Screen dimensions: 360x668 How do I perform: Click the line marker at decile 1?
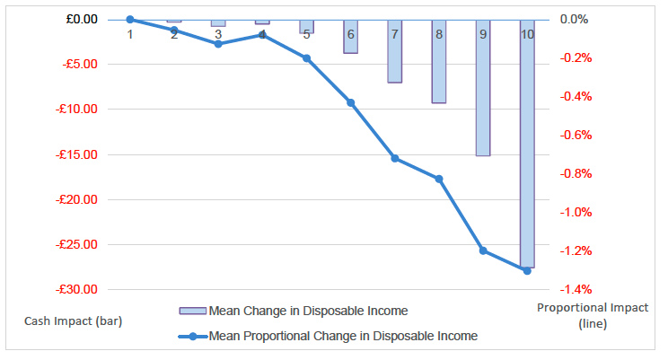point(130,19)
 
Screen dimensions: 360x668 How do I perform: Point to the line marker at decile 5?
point(306,58)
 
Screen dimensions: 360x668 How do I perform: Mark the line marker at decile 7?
point(395,158)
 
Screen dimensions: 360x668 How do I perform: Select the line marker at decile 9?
point(483,250)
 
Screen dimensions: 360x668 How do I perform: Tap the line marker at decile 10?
point(527,270)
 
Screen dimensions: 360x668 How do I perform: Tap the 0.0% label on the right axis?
point(575,19)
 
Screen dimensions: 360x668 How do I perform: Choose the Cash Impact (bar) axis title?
point(62,320)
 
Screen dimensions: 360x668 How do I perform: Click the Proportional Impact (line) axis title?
point(592,315)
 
